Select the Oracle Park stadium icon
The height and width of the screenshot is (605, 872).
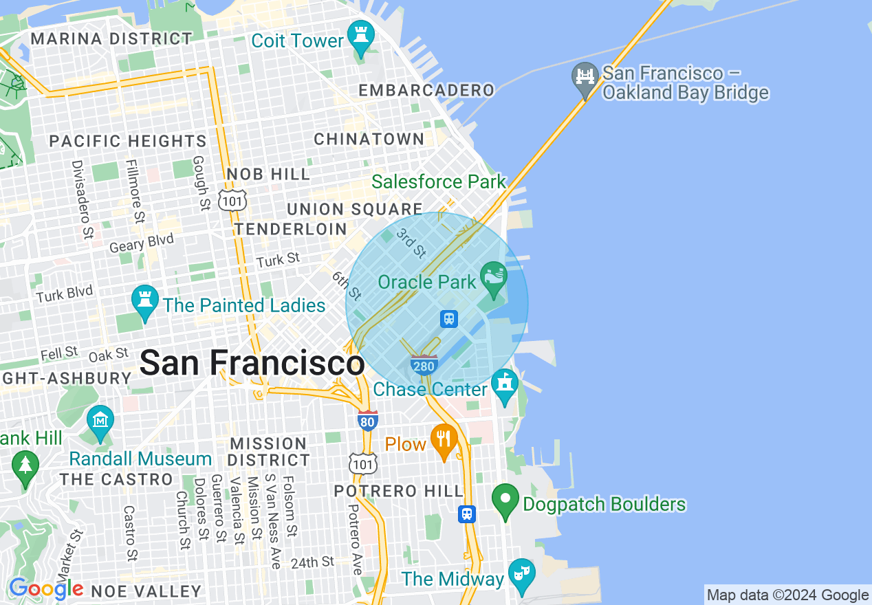pyautogui.click(x=492, y=277)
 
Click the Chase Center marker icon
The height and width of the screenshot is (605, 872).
pyautogui.click(x=505, y=385)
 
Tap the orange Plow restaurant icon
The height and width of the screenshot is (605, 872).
pyautogui.click(x=444, y=440)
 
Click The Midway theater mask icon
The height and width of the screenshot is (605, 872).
pyautogui.click(x=521, y=574)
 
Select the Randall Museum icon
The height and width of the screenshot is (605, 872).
pyautogui.click(x=100, y=421)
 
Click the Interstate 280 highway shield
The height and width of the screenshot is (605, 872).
pyautogui.click(x=424, y=365)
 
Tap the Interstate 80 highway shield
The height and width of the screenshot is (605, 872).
pyautogui.click(x=368, y=420)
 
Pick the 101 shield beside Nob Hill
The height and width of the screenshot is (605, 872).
pyautogui.click(x=232, y=200)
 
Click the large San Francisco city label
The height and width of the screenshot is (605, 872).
pyautogui.click(x=252, y=362)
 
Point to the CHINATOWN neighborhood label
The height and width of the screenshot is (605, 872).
pyautogui.click(x=369, y=139)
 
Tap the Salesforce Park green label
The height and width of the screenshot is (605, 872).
pyautogui.click(x=439, y=182)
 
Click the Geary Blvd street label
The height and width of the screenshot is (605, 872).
pyautogui.click(x=142, y=243)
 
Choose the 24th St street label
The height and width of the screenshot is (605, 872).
pyautogui.click(x=312, y=562)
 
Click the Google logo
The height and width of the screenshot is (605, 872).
pyautogui.click(x=46, y=589)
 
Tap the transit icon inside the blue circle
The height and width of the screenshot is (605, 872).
pyautogui.click(x=449, y=318)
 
